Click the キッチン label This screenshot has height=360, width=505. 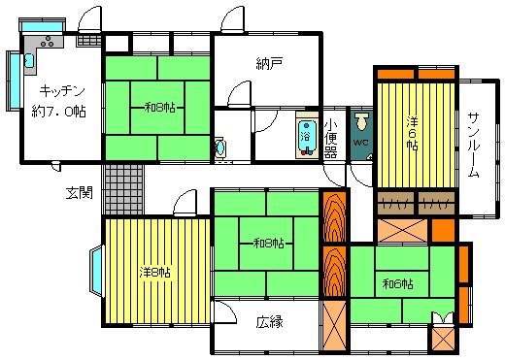click(x=62, y=91)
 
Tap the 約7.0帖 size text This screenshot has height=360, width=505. click(x=58, y=112)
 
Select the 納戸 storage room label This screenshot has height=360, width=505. click(x=269, y=64)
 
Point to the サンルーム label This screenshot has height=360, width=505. click(x=474, y=145)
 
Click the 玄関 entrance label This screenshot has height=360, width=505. click(x=80, y=193)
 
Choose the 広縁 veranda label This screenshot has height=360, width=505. click(x=270, y=322)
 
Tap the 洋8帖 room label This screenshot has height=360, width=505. click(x=155, y=273)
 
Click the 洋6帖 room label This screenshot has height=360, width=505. click(x=412, y=133)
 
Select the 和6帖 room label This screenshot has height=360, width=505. click(x=397, y=284)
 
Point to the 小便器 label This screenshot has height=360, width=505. click(x=330, y=138)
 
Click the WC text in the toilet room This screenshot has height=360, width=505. click(x=360, y=143)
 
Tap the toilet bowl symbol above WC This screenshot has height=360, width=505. click(x=361, y=121)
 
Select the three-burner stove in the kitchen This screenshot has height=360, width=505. click(x=48, y=42)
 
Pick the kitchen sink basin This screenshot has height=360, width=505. click(x=29, y=60)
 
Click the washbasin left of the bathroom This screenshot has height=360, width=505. click(x=220, y=147)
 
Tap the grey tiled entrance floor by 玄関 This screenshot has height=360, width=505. click(x=124, y=189)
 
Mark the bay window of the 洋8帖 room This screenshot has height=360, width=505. click(x=96, y=271)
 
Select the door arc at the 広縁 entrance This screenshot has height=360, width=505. click(x=225, y=311)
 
